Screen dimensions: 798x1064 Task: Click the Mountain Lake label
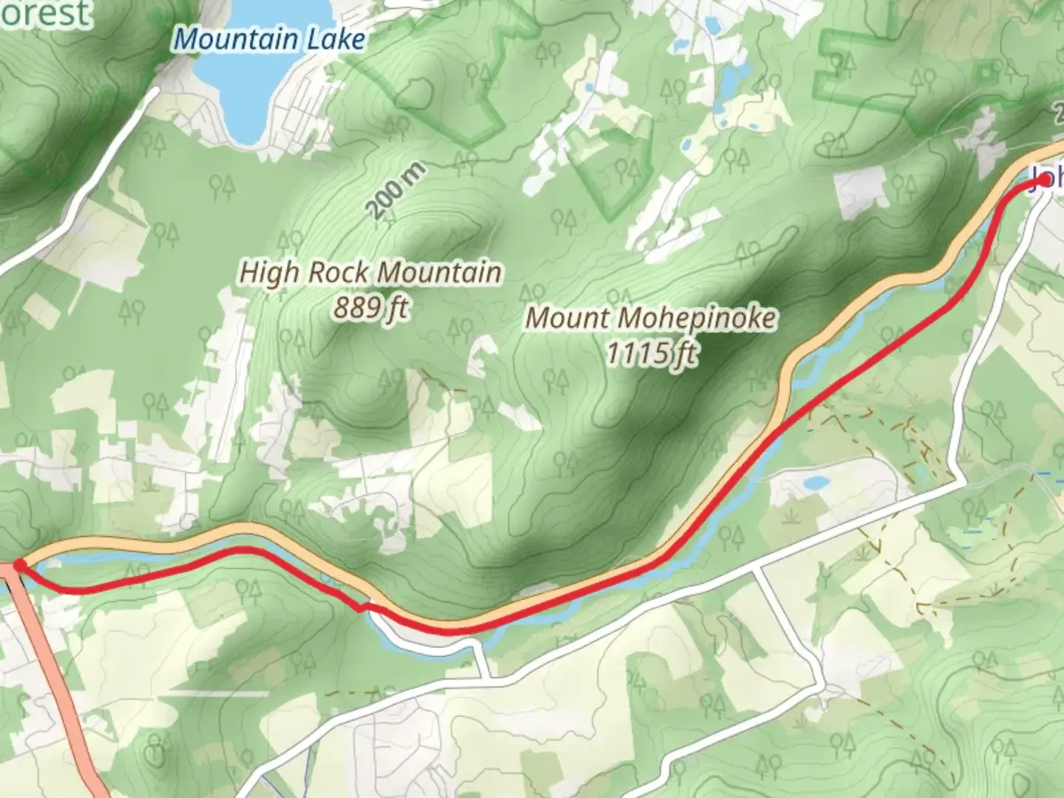click(x=269, y=38)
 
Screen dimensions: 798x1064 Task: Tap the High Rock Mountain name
click(x=371, y=273)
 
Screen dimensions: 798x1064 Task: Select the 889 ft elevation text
click(x=371, y=307)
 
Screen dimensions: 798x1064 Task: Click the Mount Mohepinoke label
click(x=651, y=318)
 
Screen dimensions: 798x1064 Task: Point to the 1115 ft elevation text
click(x=651, y=353)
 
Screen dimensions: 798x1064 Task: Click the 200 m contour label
click(x=397, y=191)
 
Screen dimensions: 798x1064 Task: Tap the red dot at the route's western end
click(x=20, y=565)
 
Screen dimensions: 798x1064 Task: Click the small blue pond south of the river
click(x=816, y=483)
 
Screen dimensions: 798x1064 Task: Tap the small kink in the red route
click(x=361, y=607)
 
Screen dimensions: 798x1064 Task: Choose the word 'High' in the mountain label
click(x=269, y=273)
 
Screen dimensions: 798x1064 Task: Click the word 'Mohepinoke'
click(x=697, y=318)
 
